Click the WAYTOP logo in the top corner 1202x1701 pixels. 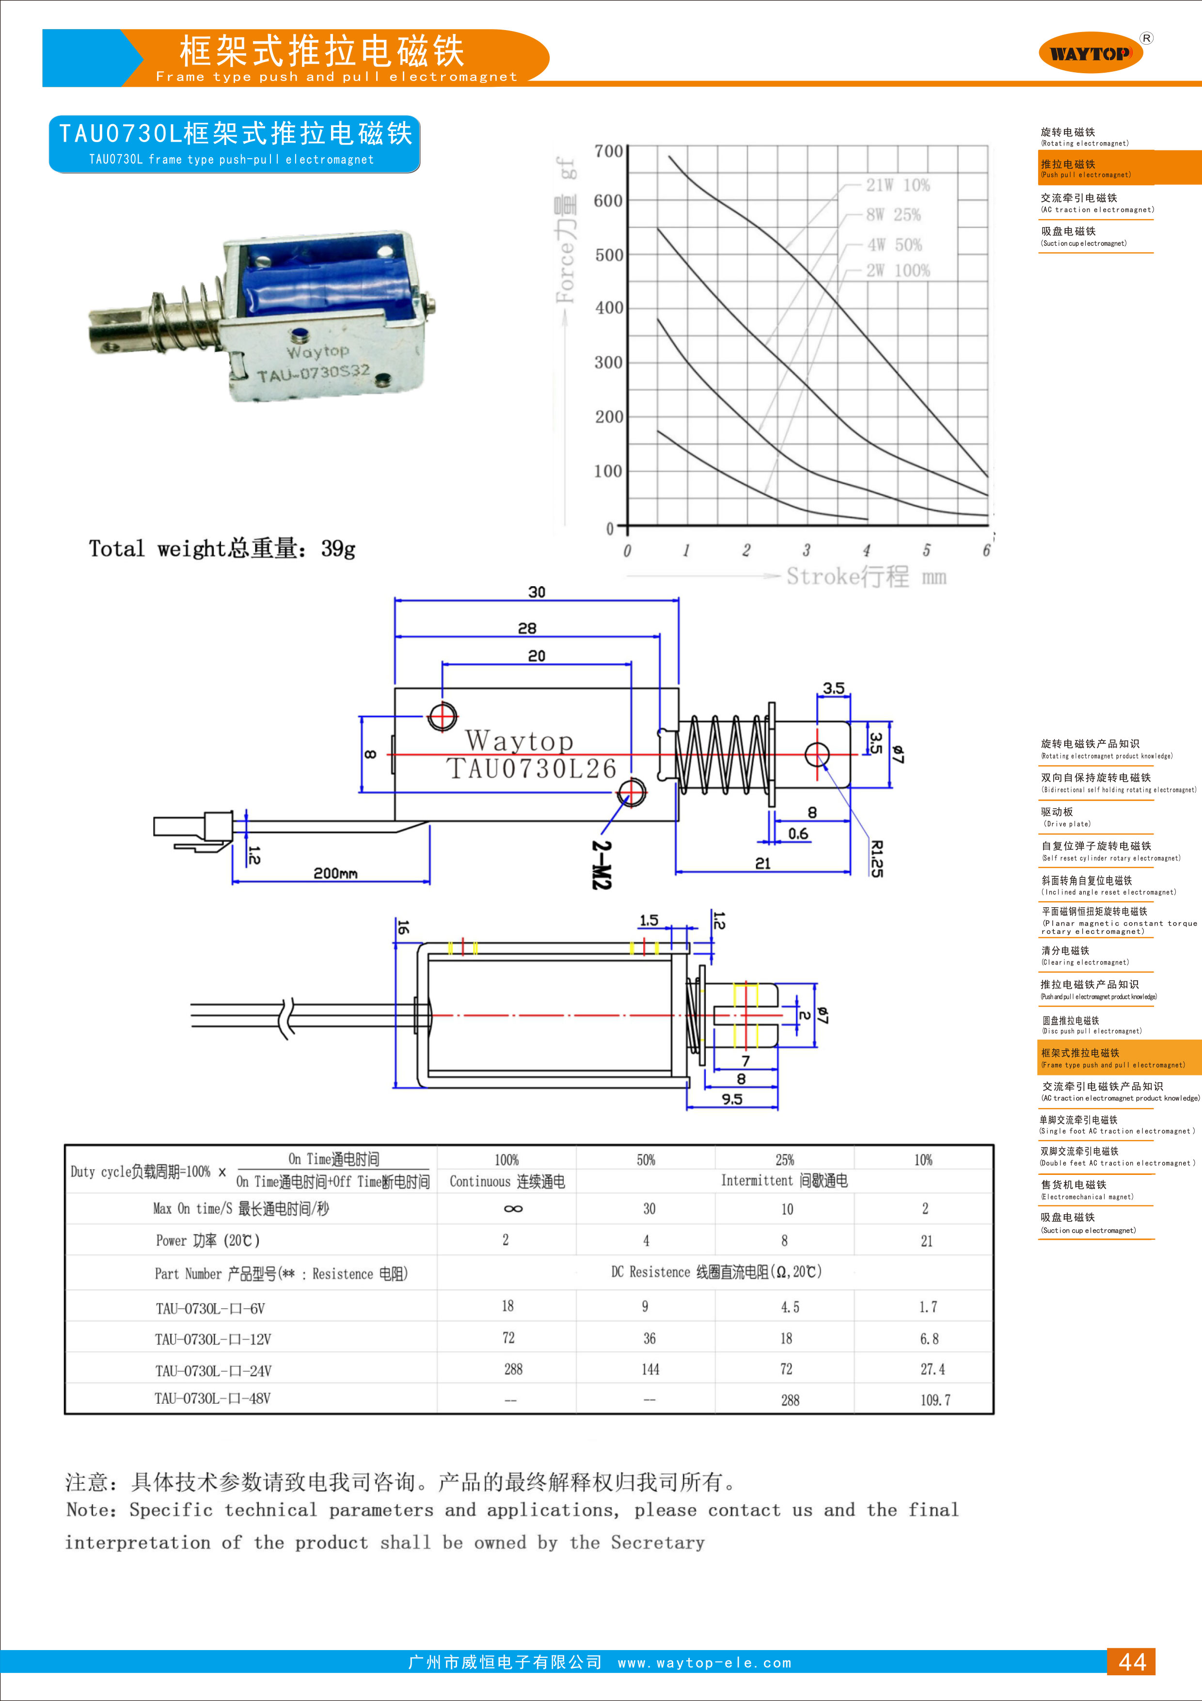coord(1091,52)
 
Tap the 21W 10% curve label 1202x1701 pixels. coord(898,185)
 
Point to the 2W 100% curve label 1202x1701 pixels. coord(898,271)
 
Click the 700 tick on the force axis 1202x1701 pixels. coord(608,152)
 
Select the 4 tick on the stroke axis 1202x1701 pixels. coord(866,550)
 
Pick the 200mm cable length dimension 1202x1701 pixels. coord(335,873)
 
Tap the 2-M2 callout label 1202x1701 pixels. coord(601,865)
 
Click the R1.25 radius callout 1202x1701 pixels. coord(876,859)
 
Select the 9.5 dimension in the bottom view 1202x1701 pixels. coord(732,1099)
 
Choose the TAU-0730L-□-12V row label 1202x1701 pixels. coord(213,1339)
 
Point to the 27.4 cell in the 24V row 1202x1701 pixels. coord(933,1369)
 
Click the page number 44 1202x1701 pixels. coord(1132,1662)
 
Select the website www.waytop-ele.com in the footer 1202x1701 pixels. coord(704,1663)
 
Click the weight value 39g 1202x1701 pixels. coord(338,549)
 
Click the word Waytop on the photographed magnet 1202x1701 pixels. coord(318,351)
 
